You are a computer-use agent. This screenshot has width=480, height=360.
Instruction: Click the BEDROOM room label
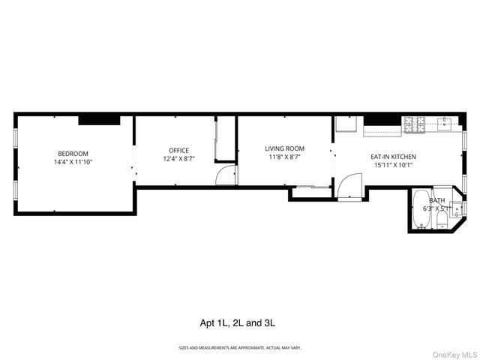(73, 153)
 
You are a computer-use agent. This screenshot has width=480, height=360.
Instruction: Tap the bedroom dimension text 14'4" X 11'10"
(73, 161)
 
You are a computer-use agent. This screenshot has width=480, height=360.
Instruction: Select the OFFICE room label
(178, 150)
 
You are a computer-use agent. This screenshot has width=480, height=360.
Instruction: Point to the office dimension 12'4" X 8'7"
(178, 158)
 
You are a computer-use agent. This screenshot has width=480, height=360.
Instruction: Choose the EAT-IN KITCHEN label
(394, 157)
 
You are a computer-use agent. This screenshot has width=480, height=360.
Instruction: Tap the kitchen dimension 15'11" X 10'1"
(394, 165)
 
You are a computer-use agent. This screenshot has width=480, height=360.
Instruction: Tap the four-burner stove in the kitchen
(414, 124)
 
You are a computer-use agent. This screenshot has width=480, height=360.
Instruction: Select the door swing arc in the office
(224, 175)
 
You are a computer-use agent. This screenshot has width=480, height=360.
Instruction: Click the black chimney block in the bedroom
(99, 119)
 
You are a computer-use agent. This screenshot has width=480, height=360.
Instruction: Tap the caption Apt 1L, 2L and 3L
(239, 323)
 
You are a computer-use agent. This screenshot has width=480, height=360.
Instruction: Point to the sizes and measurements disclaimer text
(239, 348)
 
